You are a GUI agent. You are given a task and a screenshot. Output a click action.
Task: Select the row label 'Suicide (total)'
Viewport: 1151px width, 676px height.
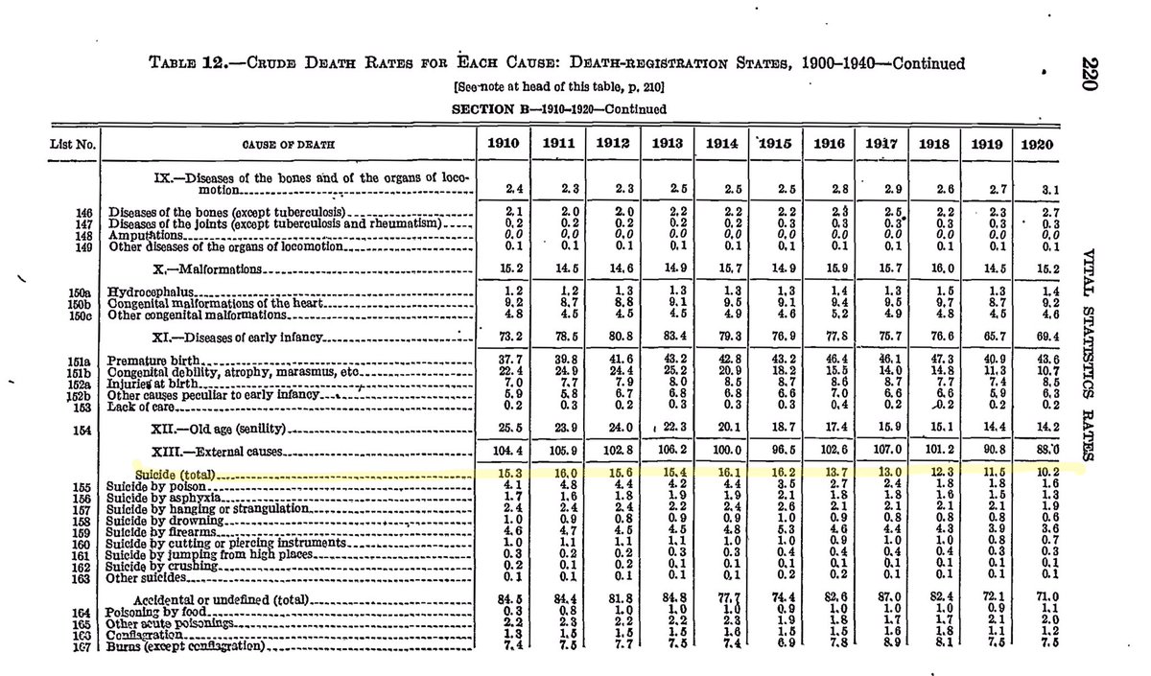[174, 474]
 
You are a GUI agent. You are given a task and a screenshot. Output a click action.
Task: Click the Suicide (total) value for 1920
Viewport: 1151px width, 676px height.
[1039, 474]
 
